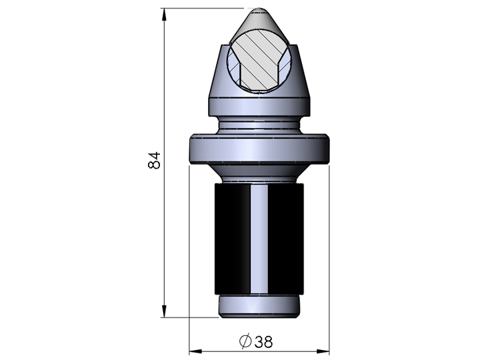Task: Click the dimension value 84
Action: coord(155,160)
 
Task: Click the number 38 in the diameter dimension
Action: coord(263,341)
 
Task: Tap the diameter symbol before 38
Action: coord(245,341)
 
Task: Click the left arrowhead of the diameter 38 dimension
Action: coord(195,351)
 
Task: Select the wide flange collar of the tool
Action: coord(260,149)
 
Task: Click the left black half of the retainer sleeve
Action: coord(231,239)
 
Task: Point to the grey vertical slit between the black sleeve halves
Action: coord(260,239)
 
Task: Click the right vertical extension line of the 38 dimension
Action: coord(331,267)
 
